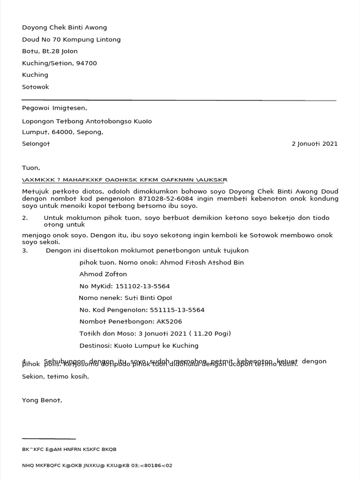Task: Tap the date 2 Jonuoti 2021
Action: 314,144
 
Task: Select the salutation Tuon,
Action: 31,168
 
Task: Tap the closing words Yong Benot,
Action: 42,400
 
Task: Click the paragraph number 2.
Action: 25,218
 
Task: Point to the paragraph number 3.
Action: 25,251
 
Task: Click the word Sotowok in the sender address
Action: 35,87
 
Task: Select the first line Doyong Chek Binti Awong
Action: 64,28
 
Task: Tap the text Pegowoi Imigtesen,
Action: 54,108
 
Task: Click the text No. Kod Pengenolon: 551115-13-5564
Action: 142,310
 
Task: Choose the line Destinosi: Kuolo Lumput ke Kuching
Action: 139,345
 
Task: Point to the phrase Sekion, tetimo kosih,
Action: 55,376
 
